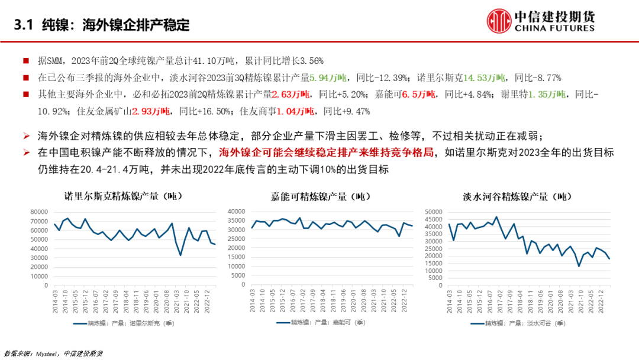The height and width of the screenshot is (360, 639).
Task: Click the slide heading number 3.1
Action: pyautogui.click(x=22, y=25)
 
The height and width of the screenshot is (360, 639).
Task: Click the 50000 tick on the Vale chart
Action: pyautogui.click(x=434, y=211)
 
